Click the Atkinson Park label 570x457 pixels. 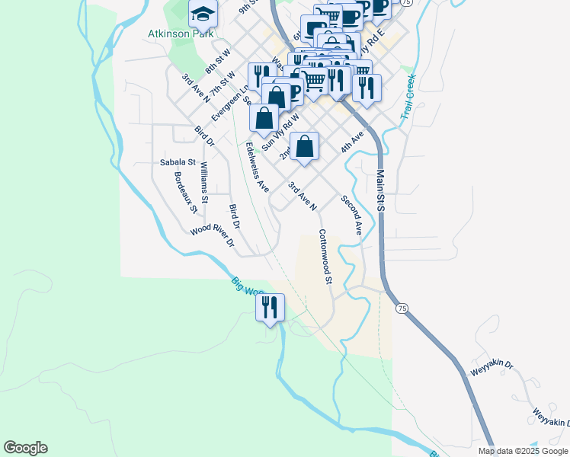(x=181, y=34)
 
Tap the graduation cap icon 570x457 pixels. (x=203, y=13)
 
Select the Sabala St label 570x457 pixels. (x=178, y=162)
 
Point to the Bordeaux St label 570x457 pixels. (x=186, y=192)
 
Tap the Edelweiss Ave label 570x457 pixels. (x=257, y=168)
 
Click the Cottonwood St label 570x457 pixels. (x=325, y=257)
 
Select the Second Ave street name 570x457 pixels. (x=351, y=213)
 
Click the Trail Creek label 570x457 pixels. (x=408, y=97)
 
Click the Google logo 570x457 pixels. (x=25, y=448)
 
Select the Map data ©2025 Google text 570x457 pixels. (x=524, y=451)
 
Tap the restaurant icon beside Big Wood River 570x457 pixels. (x=270, y=307)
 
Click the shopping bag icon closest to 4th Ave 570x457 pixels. (x=304, y=145)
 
